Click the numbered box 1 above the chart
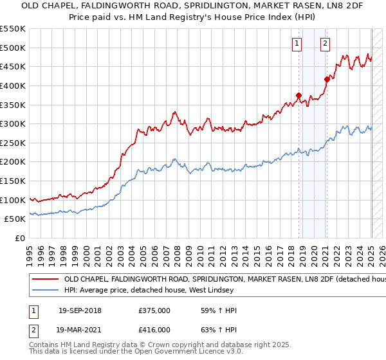point(297,44)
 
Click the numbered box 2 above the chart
point(326,44)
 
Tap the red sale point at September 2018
point(299,95)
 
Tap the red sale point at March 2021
point(327,80)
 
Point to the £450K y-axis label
point(14,66)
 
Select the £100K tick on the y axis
point(14,200)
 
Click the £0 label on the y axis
point(21,238)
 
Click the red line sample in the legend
point(45,280)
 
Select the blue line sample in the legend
point(45,291)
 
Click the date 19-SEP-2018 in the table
point(80,310)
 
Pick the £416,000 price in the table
point(154,330)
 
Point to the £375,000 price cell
point(154,310)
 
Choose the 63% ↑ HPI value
point(219,330)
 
